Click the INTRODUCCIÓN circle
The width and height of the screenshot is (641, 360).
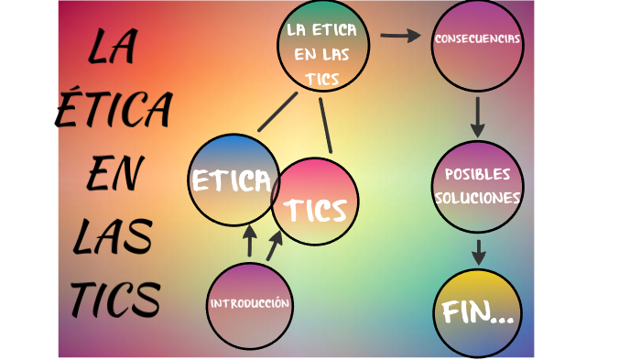click(249, 305)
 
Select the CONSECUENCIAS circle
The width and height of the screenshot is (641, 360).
click(477, 42)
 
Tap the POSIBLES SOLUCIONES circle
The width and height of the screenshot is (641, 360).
click(477, 187)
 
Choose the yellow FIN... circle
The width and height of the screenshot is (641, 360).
click(477, 313)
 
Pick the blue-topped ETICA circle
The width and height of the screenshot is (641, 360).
click(233, 180)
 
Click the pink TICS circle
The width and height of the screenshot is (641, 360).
click(315, 203)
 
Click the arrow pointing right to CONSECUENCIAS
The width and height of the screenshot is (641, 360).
click(397, 36)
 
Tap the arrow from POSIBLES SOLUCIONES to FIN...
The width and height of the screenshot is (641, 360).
click(478, 250)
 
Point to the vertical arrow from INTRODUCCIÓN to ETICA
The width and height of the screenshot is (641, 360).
click(249, 241)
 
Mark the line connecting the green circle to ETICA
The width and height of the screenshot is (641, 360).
click(278, 111)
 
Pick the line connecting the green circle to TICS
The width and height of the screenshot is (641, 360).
click(325, 124)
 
